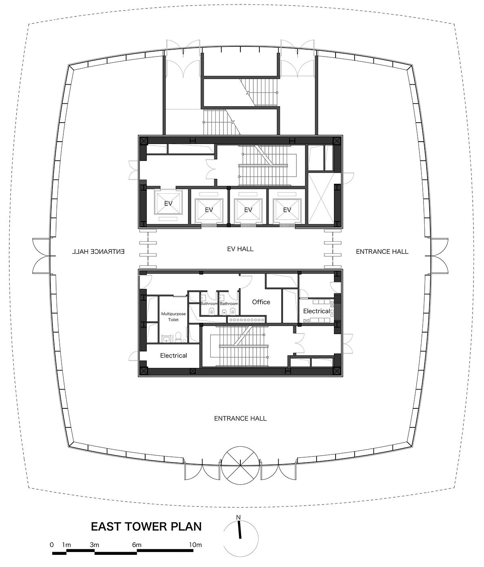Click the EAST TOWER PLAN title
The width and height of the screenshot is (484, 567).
(146, 527)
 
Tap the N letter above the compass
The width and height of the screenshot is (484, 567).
(238, 517)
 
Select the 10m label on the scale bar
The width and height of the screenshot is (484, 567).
(195, 545)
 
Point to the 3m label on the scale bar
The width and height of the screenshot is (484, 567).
(94, 545)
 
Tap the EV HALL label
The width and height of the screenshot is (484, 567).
(240, 249)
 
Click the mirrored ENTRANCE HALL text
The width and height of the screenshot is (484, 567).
(98, 251)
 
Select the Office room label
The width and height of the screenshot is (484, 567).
(261, 302)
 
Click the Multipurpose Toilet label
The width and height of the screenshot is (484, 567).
(173, 316)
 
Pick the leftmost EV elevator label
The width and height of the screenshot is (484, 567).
(168, 203)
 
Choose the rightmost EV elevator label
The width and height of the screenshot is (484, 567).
(287, 210)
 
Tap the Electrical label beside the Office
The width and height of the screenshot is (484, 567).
(317, 311)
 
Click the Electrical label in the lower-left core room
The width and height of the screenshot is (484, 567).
(173, 356)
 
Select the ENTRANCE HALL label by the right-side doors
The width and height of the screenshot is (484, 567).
(382, 251)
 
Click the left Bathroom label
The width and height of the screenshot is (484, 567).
(209, 303)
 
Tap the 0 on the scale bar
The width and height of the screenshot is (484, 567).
(52, 545)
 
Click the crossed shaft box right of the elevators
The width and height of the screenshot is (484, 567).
(321, 199)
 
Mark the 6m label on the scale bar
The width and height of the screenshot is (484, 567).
(137, 545)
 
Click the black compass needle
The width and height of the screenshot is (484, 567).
(240, 530)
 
